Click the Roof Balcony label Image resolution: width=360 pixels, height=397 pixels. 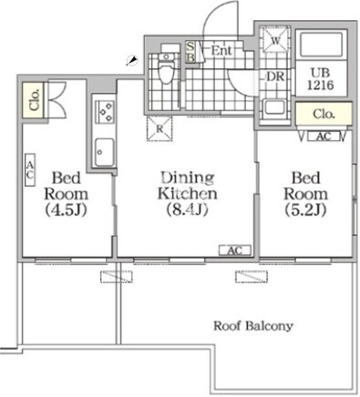(x=253, y=326)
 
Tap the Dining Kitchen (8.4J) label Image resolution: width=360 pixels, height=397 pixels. (x=188, y=194)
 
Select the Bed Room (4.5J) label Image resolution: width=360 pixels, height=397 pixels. (x=67, y=194)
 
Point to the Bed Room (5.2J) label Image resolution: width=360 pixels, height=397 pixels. (x=305, y=194)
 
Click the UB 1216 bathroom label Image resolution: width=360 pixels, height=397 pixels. (x=321, y=79)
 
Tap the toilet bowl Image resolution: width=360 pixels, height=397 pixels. (x=166, y=72)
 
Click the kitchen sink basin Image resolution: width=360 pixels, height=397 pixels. (x=104, y=152)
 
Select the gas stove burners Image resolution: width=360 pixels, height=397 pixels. (x=105, y=112)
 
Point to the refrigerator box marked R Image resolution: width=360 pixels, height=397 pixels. (x=159, y=128)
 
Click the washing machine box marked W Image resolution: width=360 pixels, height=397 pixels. (x=276, y=40)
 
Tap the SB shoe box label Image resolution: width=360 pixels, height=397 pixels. (x=190, y=52)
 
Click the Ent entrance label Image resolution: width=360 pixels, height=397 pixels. (x=221, y=50)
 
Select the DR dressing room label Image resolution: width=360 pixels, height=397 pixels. (x=275, y=76)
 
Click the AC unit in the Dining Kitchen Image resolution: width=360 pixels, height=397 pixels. (x=235, y=250)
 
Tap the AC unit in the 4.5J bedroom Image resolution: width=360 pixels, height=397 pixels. (x=30, y=169)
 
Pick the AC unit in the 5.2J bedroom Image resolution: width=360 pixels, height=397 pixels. (x=324, y=137)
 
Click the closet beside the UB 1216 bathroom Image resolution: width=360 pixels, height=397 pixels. (x=324, y=114)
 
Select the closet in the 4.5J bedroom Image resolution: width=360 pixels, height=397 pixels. (x=34, y=100)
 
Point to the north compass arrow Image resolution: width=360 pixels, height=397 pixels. (x=132, y=60)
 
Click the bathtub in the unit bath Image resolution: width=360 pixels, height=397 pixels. (x=321, y=45)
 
